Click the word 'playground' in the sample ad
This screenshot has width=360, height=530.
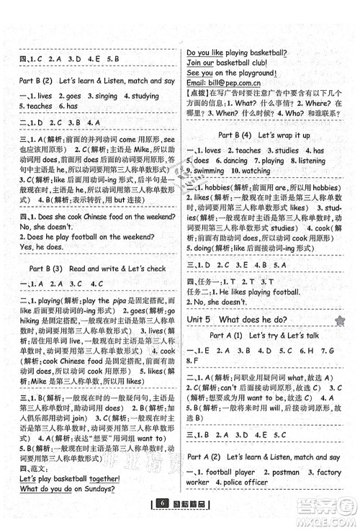click(x=250, y=73)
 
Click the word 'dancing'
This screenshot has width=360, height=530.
click(x=228, y=161)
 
